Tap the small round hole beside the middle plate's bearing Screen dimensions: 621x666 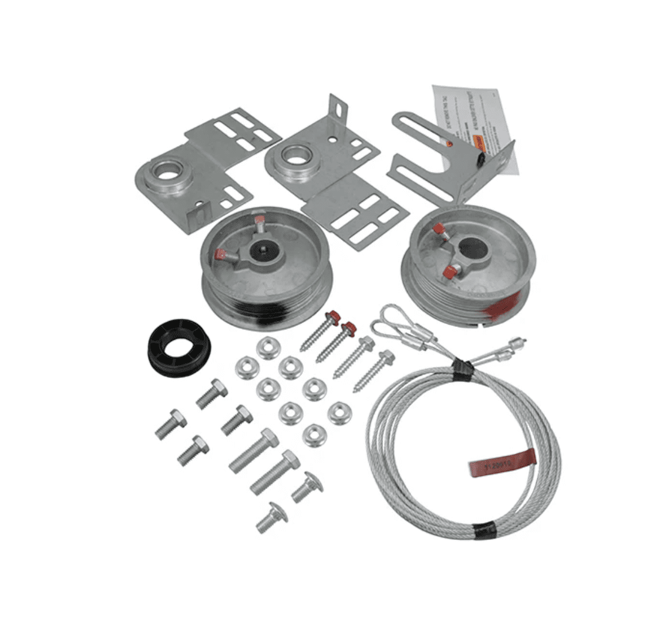pyautogui.click(x=332, y=141)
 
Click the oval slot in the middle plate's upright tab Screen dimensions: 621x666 pyautogui.click(x=339, y=110)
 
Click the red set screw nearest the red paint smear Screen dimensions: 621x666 pyautogui.click(x=450, y=272)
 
